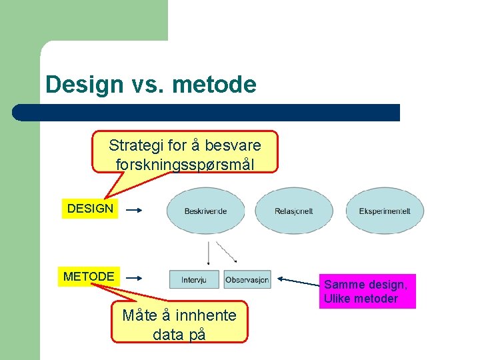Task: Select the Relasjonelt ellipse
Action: point(293,211)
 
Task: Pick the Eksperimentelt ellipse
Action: point(385,211)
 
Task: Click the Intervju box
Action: point(194,280)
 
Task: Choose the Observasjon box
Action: point(247,280)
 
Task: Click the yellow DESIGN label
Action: point(90,209)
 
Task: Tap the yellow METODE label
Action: point(89,276)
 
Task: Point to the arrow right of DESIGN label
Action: point(134,211)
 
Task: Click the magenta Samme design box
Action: point(369,291)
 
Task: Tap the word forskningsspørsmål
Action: point(185,163)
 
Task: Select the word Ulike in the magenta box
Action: point(338,299)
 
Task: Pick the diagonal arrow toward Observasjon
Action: point(227,251)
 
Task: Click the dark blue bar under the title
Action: point(207,112)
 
